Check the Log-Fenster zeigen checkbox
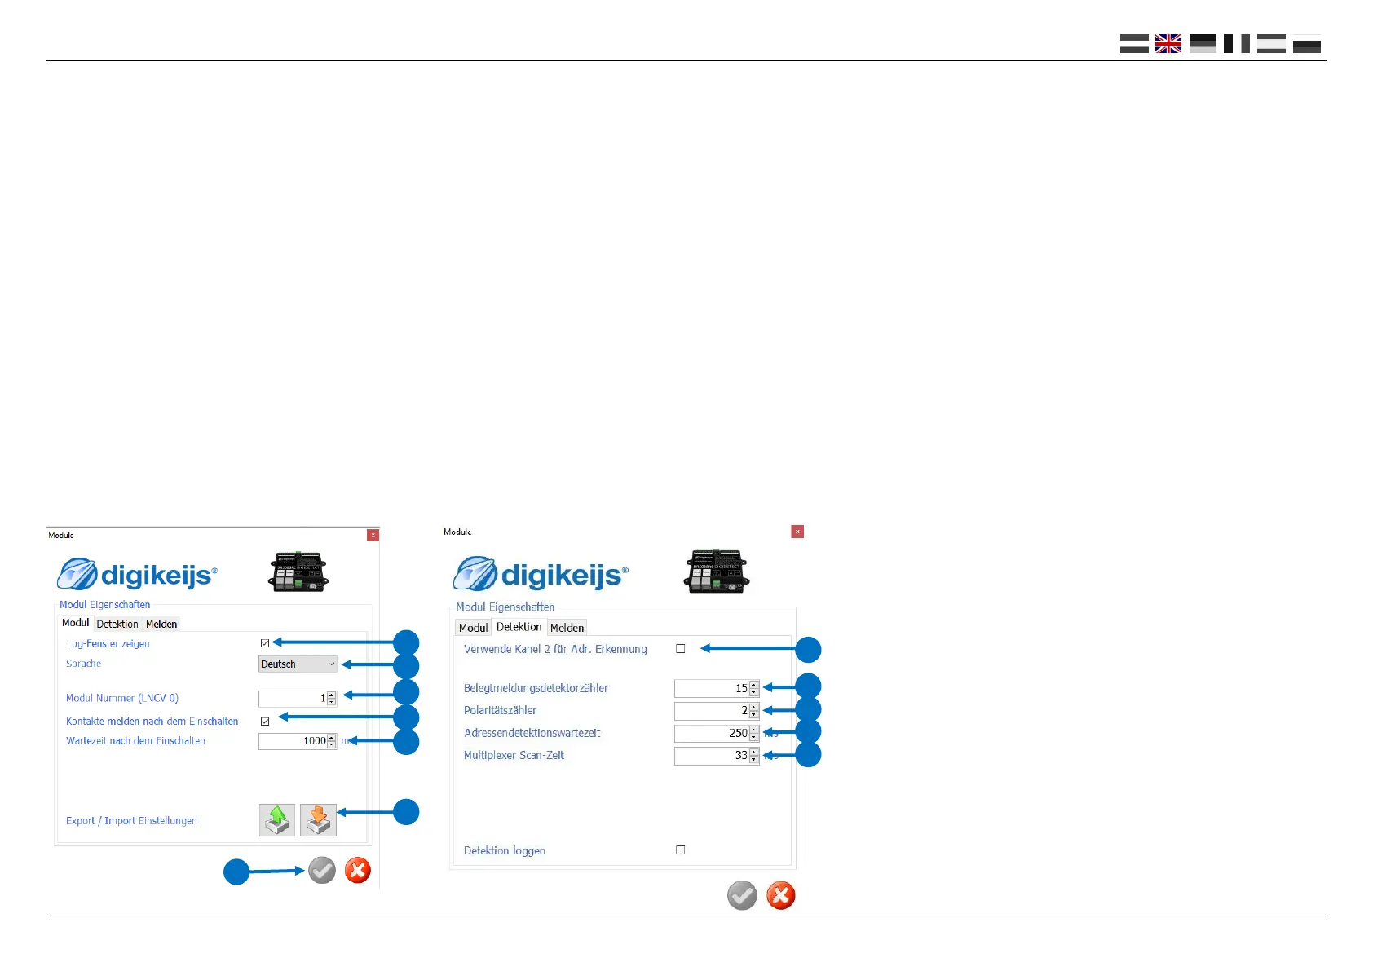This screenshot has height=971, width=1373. [x=265, y=643]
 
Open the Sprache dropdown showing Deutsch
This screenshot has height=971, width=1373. [x=298, y=664]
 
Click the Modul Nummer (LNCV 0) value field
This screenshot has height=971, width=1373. [x=293, y=699]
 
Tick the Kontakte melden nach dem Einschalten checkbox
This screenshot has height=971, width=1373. [x=265, y=722]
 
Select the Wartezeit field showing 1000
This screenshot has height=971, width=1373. [x=293, y=741]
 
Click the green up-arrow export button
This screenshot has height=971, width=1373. [x=277, y=819]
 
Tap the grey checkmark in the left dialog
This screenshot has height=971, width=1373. [x=322, y=871]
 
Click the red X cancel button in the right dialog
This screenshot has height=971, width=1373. [x=780, y=896]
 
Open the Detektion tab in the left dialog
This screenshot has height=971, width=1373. [x=117, y=625]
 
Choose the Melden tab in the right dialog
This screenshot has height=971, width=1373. [x=567, y=628]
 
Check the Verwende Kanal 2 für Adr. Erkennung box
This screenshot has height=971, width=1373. [x=681, y=649]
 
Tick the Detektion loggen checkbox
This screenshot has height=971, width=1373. [x=681, y=850]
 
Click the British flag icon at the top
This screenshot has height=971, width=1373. [x=1168, y=43]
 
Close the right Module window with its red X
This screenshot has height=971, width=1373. [x=797, y=532]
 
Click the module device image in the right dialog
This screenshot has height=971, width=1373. [x=716, y=572]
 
